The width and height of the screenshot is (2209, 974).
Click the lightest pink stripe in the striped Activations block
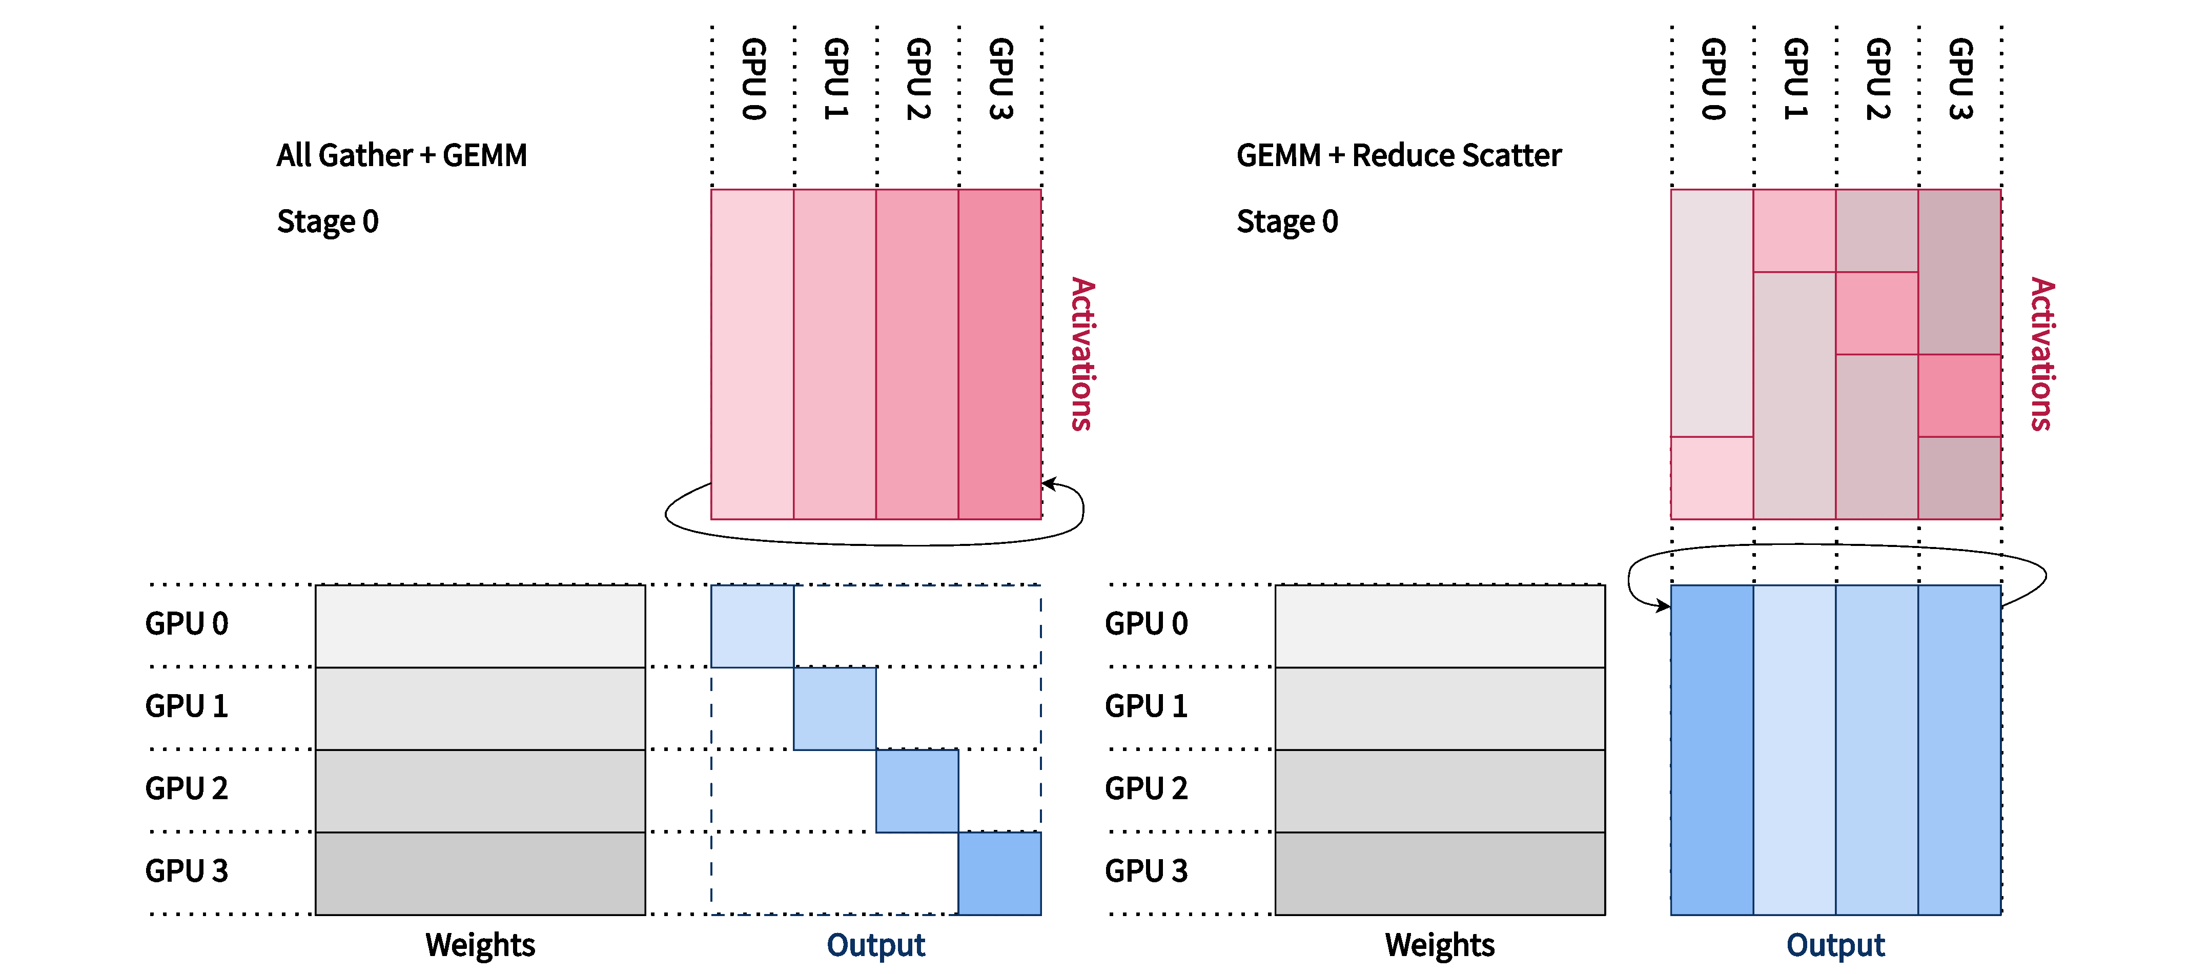(x=752, y=354)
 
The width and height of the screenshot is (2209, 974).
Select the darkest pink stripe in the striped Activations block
(x=999, y=354)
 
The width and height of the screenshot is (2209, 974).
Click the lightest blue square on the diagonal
(x=752, y=626)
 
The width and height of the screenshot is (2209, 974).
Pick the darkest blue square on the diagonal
(x=999, y=873)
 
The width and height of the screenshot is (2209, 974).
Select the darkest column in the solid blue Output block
(x=1712, y=750)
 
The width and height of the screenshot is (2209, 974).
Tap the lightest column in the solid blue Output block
(x=1794, y=750)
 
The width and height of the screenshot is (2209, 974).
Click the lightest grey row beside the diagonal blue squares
(x=480, y=626)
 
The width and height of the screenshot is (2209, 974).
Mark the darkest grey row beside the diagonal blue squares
(x=480, y=873)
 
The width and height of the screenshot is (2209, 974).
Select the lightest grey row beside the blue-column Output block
(x=1440, y=626)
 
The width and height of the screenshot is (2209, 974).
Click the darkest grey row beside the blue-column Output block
(x=1440, y=873)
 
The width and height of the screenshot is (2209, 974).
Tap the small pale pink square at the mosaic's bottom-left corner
(x=1712, y=478)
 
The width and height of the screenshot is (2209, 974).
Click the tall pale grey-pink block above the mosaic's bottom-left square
(x=1712, y=313)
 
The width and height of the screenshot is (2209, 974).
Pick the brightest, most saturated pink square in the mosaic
(x=1958, y=395)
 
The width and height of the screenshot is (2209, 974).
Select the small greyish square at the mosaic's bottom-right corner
(x=1958, y=478)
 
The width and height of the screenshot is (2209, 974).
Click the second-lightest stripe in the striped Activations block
(x=834, y=354)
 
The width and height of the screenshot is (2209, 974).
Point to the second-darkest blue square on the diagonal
(x=917, y=790)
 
